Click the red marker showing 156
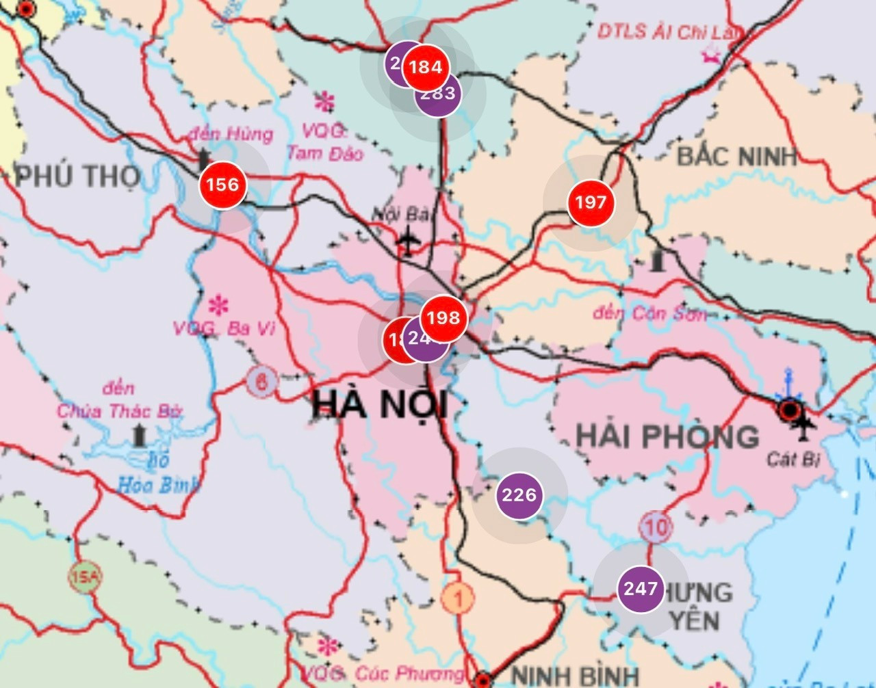[222, 185]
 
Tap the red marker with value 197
[591, 202]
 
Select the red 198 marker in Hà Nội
[443, 318]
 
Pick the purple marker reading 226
[519, 494]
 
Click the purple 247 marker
[641, 589]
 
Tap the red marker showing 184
[426, 67]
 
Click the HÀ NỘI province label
[379, 404]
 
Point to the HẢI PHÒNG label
[667, 436]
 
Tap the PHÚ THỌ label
[77, 176]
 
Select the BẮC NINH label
[737, 157]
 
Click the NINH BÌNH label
[575, 675]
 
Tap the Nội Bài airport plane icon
[409, 241]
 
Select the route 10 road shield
[656, 527]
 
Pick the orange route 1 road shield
[458, 599]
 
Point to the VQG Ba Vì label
[224, 329]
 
